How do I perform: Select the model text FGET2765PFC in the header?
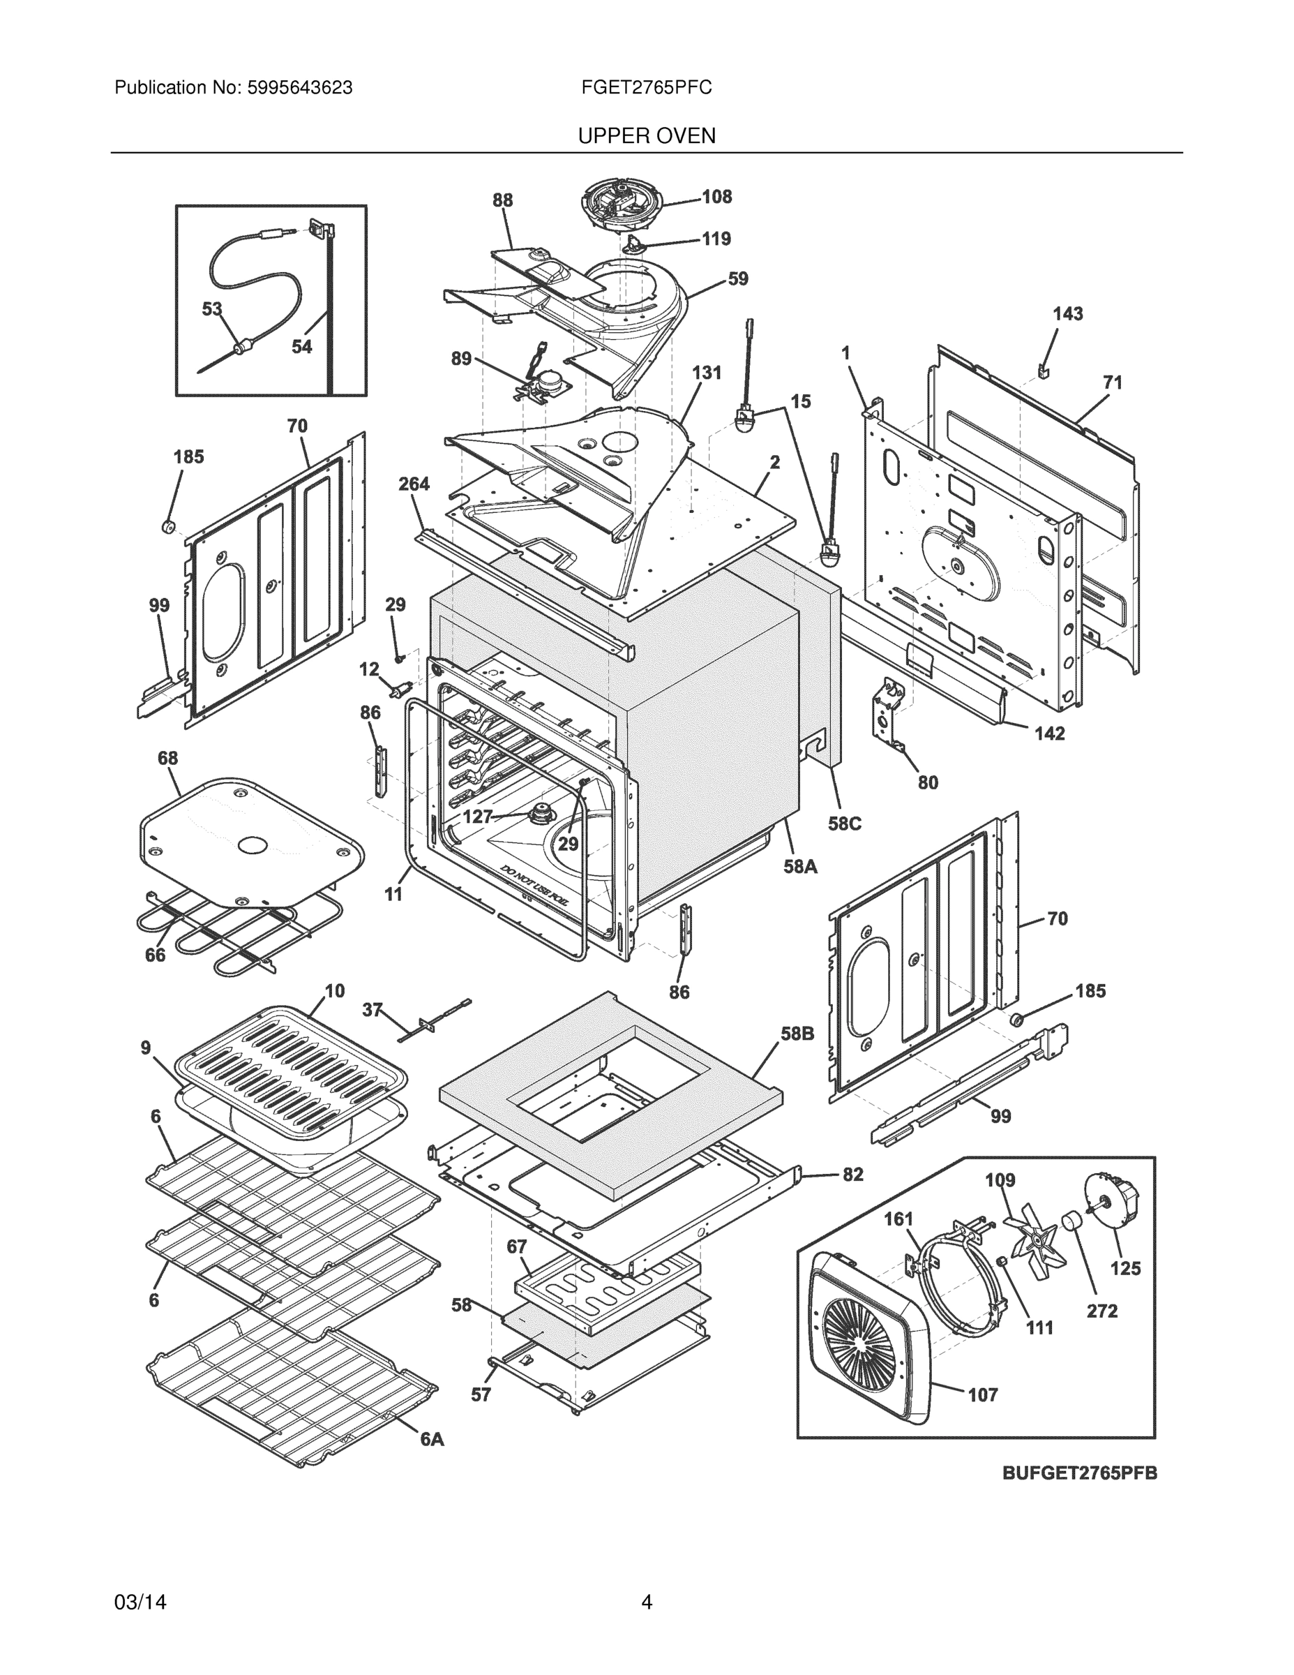tap(646, 88)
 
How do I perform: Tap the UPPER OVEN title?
tap(646, 136)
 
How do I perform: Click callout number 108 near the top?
tap(717, 197)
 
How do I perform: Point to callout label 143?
tap(1067, 313)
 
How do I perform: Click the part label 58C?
tap(844, 824)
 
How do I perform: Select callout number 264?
tap(414, 484)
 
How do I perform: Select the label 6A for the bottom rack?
tap(432, 1440)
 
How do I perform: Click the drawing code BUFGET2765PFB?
tap(1079, 1473)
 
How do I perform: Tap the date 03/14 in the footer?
tap(140, 1602)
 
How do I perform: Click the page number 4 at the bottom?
tap(646, 1602)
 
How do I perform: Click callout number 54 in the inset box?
tap(301, 347)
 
